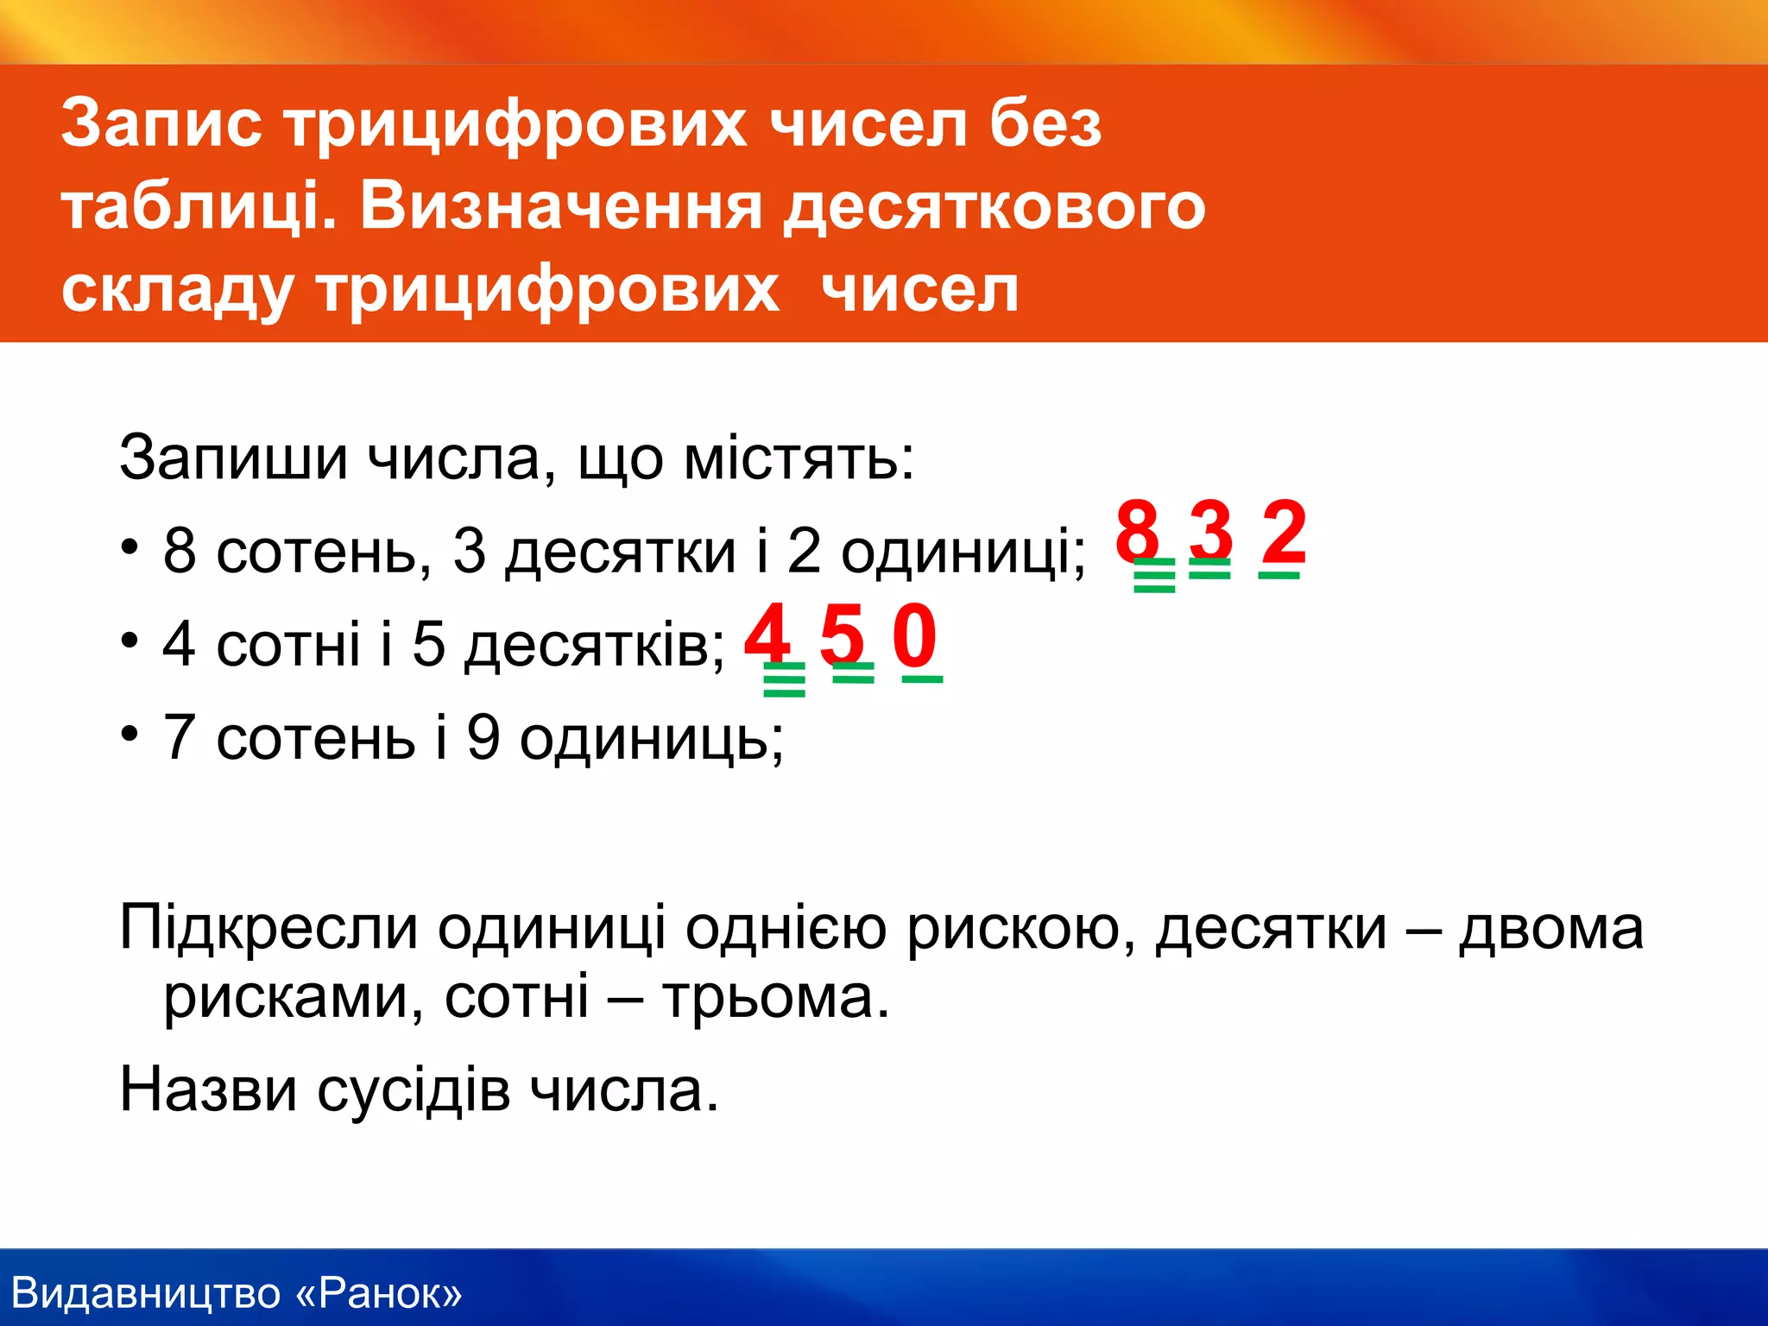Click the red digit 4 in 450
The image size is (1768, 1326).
pyautogui.click(x=767, y=634)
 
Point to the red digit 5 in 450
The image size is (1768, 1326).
pyautogui.click(x=842, y=634)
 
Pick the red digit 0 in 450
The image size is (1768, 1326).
pyautogui.click(x=915, y=634)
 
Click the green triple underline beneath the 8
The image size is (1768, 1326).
pyautogui.click(x=1154, y=576)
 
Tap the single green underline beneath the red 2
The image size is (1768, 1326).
pyautogui.click(x=1279, y=574)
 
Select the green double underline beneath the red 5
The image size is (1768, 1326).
pyautogui.click(x=853, y=672)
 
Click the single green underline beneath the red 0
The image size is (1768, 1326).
pyautogui.click(x=922, y=679)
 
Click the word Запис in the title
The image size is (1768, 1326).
pyautogui.click(x=161, y=123)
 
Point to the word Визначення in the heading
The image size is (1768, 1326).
pyautogui.click(x=560, y=207)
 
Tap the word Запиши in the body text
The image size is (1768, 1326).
pyautogui.click(x=233, y=458)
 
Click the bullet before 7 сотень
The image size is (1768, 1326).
pyautogui.click(x=129, y=734)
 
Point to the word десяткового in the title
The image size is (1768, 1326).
pyautogui.click(x=993, y=207)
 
